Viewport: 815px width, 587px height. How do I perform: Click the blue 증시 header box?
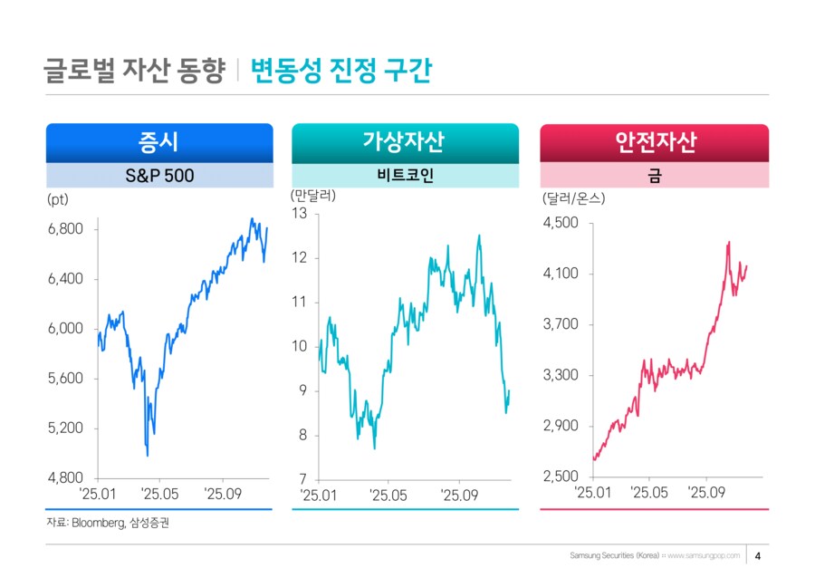[158, 142]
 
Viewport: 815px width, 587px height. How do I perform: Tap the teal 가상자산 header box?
[405, 142]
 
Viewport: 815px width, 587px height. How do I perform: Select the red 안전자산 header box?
[654, 142]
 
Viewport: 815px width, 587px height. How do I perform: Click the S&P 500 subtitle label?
[158, 175]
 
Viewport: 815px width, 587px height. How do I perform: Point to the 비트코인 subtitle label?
[405, 175]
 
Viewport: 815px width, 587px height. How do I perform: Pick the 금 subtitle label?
[654, 175]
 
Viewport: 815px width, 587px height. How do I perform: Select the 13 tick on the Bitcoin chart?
[300, 214]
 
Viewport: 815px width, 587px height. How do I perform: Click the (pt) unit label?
[57, 197]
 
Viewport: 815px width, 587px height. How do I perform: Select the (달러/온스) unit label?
[573, 197]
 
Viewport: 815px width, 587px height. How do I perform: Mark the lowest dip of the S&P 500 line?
[148, 456]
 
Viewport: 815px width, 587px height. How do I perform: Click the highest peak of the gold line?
[728, 242]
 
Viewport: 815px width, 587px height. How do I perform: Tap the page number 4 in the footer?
[757, 555]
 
